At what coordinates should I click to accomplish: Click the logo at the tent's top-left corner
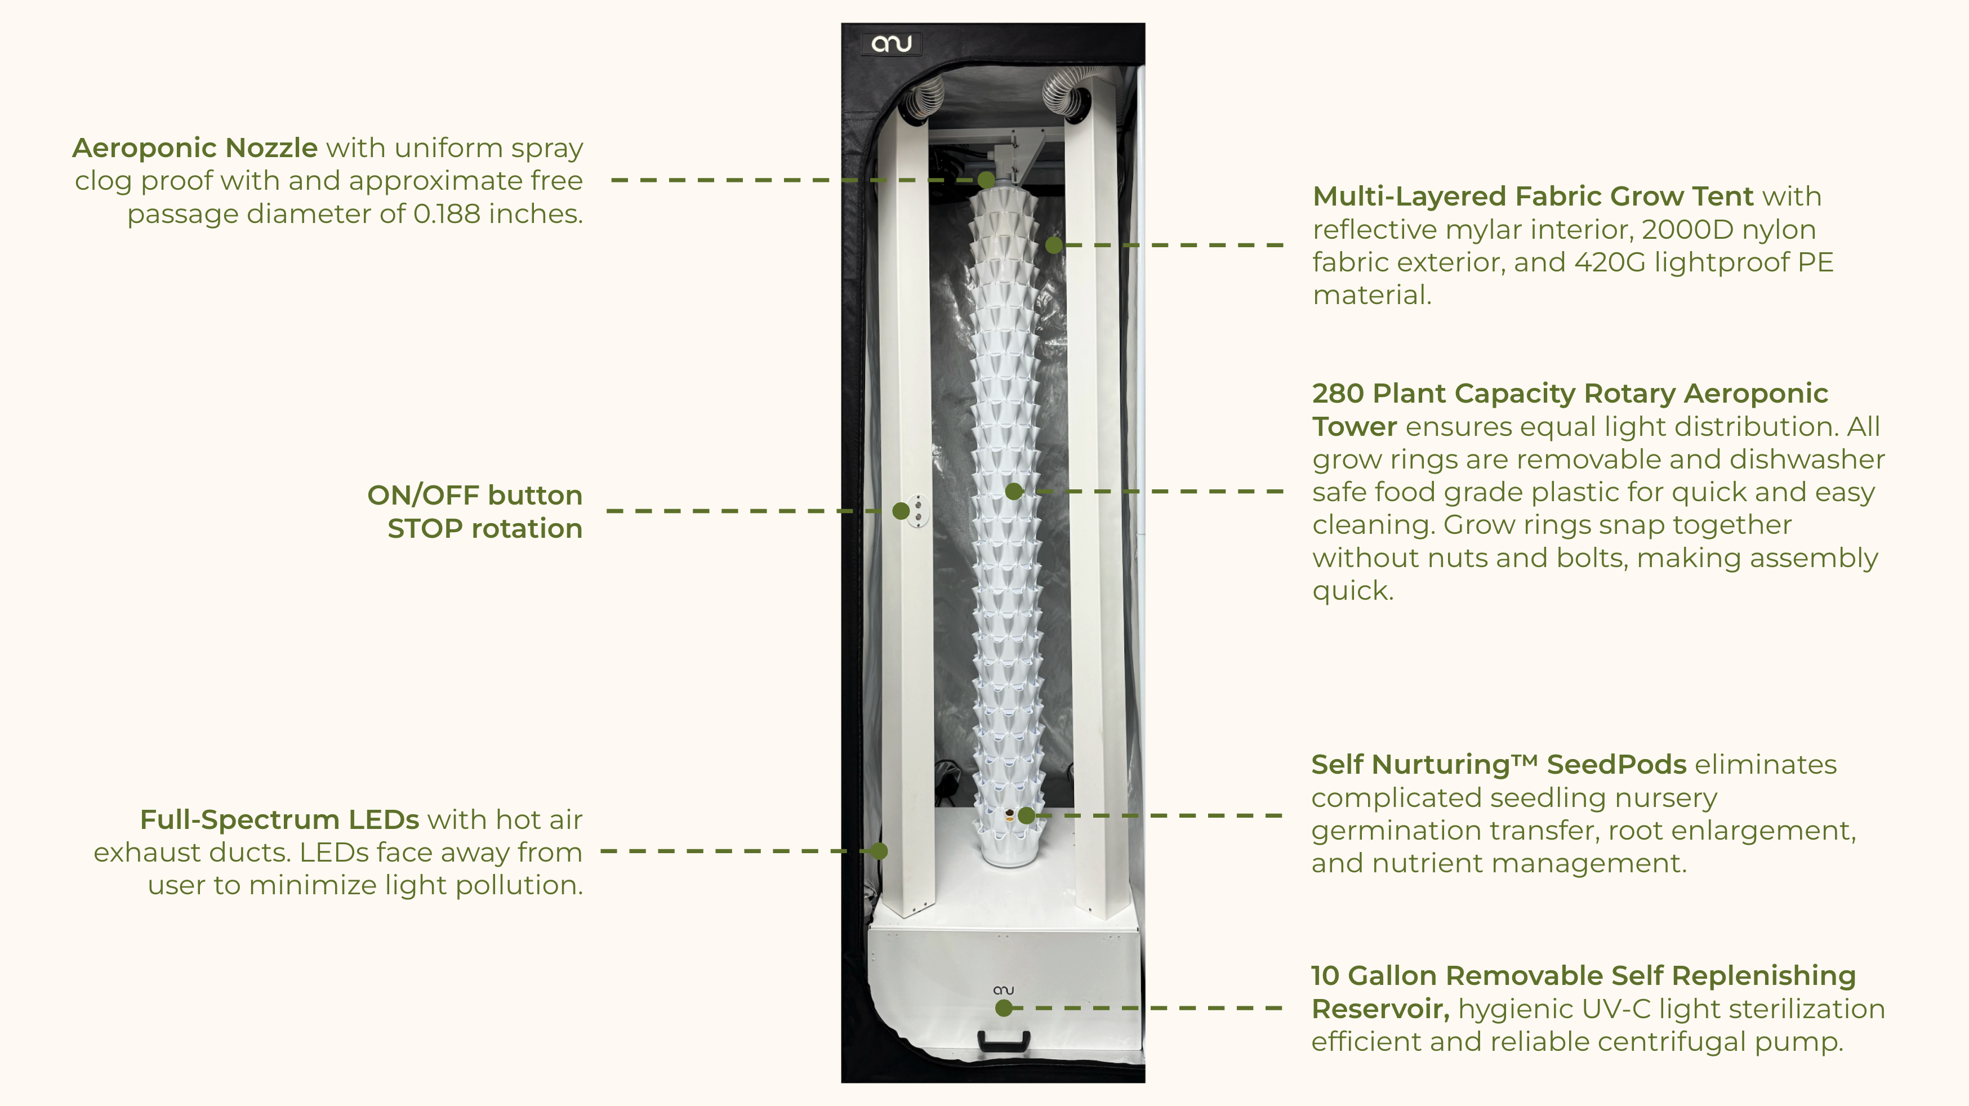pos(891,43)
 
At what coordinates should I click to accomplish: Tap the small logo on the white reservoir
pos(1004,990)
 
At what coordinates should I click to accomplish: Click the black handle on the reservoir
pos(1004,1040)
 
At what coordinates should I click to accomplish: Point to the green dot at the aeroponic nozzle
pos(987,180)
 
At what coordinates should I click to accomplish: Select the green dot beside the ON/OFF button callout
pos(901,511)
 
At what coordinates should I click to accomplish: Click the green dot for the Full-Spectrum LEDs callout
pos(879,851)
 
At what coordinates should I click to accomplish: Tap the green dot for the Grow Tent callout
pos(1054,244)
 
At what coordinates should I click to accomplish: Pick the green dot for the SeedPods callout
pos(1027,815)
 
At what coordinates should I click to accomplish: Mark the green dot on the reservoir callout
pos(1004,1008)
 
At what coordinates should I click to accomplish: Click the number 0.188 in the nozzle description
pos(447,214)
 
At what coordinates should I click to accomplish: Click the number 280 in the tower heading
pos(1338,394)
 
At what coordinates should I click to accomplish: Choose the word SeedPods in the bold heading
pos(1616,764)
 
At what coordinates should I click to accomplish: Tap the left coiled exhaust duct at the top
pos(923,99)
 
